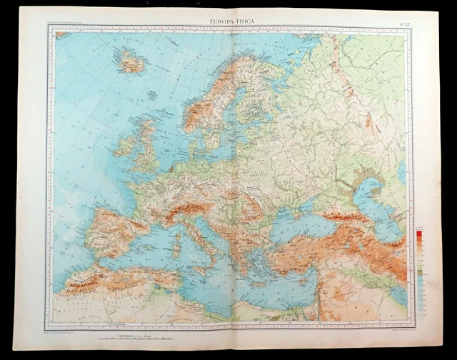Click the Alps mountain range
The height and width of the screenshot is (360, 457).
click(186, 207)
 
